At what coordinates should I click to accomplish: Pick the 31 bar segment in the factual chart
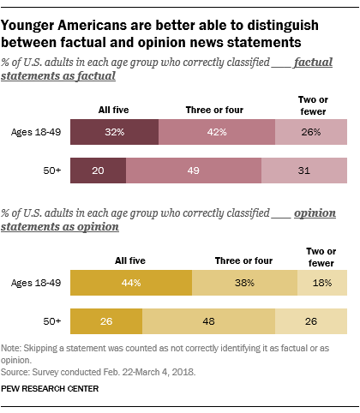coord(304,171)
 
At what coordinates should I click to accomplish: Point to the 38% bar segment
coord(243,283)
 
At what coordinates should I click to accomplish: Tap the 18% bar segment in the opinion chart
coord(322,283)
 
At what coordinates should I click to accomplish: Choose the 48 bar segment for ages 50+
coord(208,321)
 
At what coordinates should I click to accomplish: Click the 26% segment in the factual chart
coord(311,132)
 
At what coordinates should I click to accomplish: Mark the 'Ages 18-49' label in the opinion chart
coord(35,283)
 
